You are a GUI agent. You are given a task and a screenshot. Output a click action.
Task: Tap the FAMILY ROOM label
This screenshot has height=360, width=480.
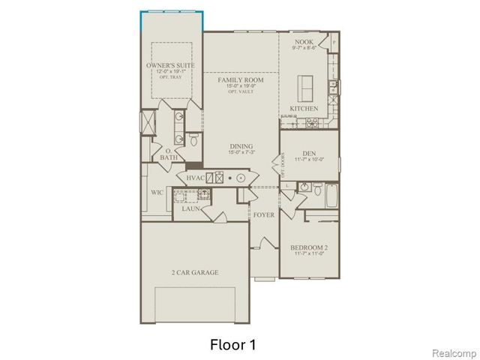pos(240,79)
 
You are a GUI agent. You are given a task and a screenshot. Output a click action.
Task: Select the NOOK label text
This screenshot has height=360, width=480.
pos(304,41)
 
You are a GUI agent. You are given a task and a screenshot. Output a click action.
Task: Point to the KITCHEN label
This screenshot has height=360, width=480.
pos(304,109)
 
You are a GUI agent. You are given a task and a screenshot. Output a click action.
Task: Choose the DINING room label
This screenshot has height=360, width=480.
pos(241,146)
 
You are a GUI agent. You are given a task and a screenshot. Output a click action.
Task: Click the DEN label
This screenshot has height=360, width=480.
pos(308,152)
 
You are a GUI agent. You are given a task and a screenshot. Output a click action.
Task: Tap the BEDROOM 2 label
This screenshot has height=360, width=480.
pos(308,247)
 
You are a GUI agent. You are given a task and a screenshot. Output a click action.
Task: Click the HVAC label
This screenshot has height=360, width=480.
pos(196,178)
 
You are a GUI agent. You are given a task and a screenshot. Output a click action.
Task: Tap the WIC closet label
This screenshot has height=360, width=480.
pos(157,193)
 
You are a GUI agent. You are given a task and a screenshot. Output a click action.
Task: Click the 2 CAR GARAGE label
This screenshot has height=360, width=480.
pos(194,272)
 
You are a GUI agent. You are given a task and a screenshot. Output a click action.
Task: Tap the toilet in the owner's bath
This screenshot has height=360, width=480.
pos(193,139)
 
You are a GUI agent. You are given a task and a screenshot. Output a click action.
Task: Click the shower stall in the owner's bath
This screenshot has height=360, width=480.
pos(149,121)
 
